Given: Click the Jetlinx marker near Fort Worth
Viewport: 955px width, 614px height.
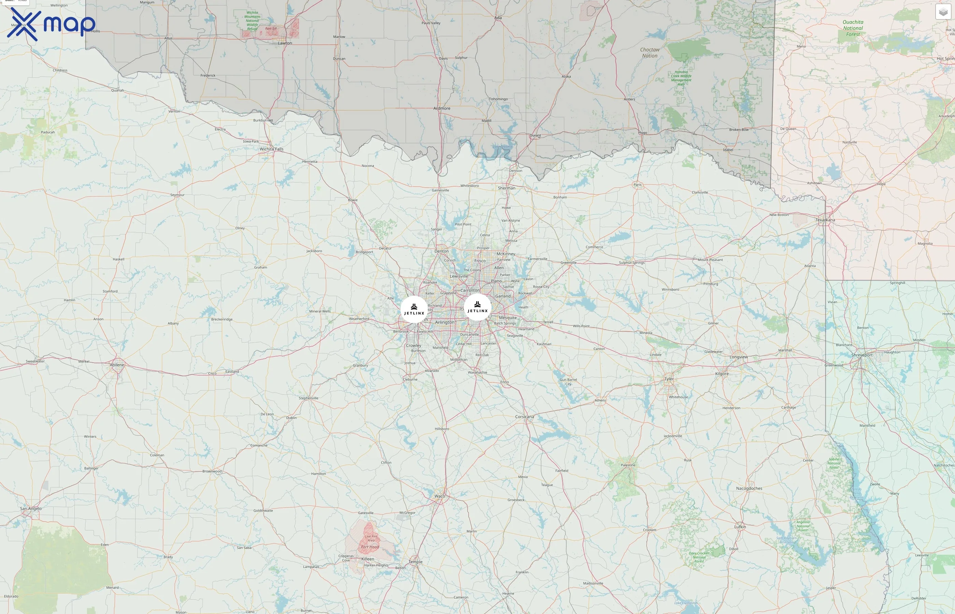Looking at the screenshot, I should (414, 309).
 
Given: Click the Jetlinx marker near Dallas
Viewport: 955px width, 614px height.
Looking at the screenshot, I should (477, 307).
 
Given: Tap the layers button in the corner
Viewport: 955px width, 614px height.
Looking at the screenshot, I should (943, 12).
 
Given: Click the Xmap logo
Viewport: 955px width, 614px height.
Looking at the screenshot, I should (51, 24).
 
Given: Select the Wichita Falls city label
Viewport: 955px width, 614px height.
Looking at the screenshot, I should (271, 149).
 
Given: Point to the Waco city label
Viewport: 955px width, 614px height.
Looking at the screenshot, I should (440, 496).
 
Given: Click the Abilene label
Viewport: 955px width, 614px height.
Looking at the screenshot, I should (117, 365).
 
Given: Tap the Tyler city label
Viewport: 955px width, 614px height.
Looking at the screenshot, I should (669, 379).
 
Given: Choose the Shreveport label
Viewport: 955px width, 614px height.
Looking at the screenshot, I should (862, 355).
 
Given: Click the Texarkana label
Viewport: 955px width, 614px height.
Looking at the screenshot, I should (825, 220).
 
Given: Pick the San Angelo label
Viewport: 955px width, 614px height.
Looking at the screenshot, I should (31, 508).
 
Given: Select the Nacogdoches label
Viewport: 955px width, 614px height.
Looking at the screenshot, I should (749, 488).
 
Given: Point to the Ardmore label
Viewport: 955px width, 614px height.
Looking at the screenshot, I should (442, 108).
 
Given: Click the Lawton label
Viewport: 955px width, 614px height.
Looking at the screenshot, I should (284, 43).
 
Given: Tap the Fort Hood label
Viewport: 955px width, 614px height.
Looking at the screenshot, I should (370, 547).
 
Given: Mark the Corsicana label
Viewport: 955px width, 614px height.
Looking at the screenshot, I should (524, 416).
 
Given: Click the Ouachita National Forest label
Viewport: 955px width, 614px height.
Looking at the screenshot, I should (853, 28).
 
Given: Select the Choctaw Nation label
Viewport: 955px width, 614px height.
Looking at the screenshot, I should (650, 53).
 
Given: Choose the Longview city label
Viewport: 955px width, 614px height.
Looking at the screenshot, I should (738, 357).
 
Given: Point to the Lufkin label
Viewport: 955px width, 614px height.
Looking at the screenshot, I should (740, 527).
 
